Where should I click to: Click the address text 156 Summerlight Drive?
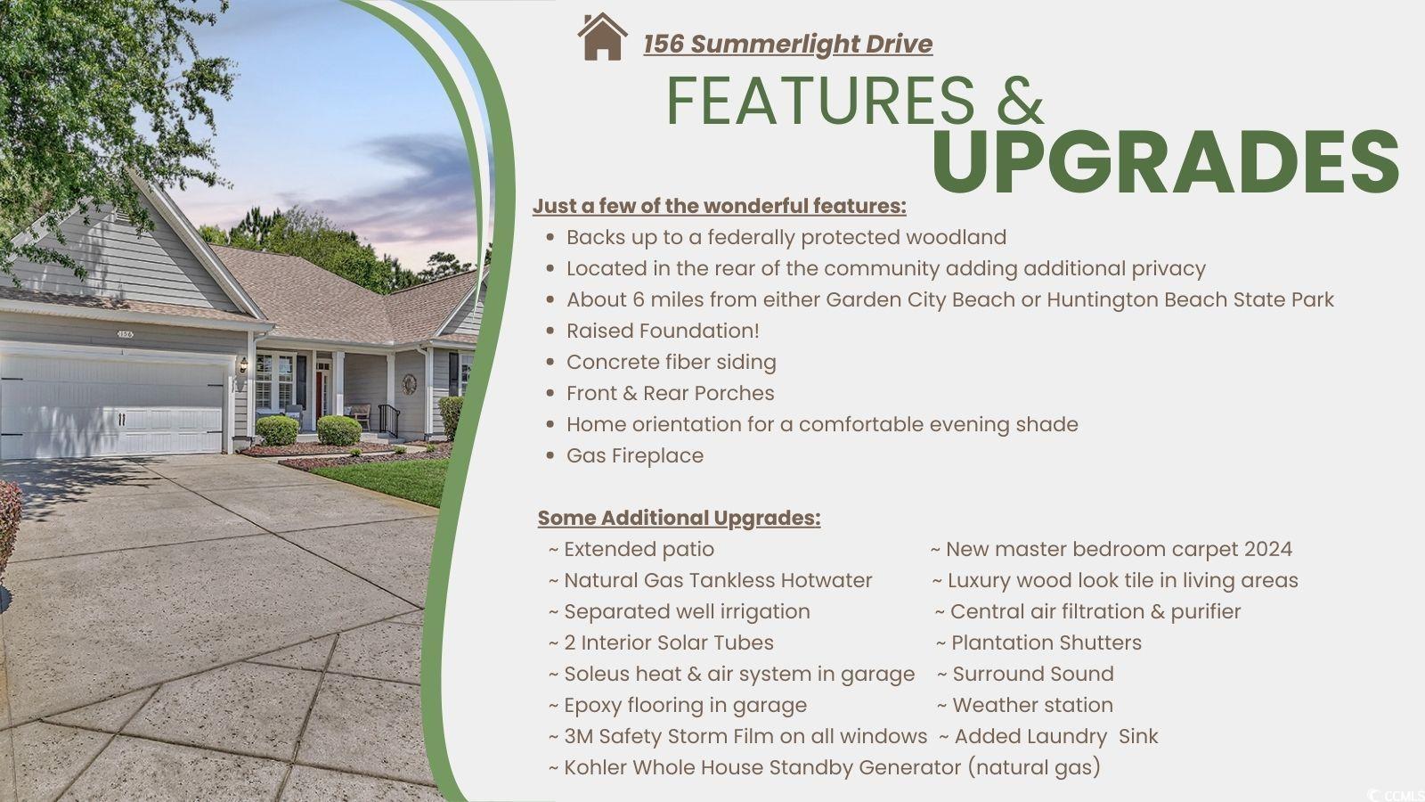[787, 44]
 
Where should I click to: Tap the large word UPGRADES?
[1165, 162]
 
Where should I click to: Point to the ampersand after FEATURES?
[1020, 100]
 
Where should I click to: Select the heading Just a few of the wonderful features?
[720, 206]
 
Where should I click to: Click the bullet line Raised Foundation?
[663, 331]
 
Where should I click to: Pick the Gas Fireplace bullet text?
[635, 455]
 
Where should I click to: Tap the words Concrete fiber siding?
[672, 362]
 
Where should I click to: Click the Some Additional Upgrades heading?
[679, 518]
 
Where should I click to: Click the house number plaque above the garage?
[126, 333]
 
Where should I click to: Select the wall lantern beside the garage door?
[243, 364]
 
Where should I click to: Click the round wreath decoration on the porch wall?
[409, 384]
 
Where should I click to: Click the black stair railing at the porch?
[389, 419]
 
